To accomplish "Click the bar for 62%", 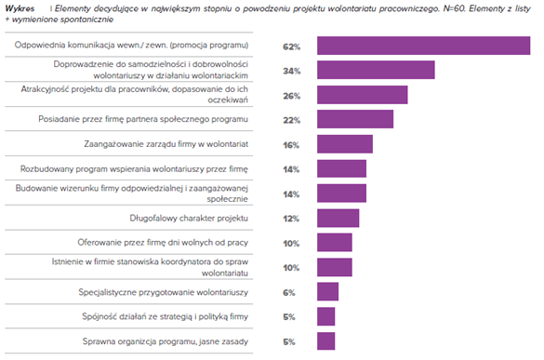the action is pyautogui.click(x=424, y=46).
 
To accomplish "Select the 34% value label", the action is pyautogui.click(x=292, y=72).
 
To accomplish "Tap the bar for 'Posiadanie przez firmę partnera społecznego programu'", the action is pyautogui.click(x=355, y=119).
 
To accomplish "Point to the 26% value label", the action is pyautogui.click(x=291, y=96).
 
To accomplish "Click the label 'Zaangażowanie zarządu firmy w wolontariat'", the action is pyautogui.click(x=166, y=144).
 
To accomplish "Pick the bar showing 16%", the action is pyautogui.click(x=345, y=144).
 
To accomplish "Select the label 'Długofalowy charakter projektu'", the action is pyautogui.click(x=189, y=218).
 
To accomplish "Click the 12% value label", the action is pyautogui.click(x=291, y=219).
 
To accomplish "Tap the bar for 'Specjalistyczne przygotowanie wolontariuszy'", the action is pyautogui.click(x=327, y=291).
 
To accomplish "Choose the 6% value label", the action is pyautogui.click(x=288, y=293).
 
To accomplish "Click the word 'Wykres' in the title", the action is pyautogui.click(x=20, y=8).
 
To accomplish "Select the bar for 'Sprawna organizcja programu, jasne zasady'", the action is pyautogui.click(x=325, y=340).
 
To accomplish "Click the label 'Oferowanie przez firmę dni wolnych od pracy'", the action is pyautogui.click(x=163, y=242).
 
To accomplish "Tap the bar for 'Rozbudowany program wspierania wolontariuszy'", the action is pyautogui.click(x=341, y=168).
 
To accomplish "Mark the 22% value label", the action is pyautogui.click(x=291, y=120).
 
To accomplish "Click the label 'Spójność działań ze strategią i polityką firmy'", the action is pyautogui.click(x=166, y=316).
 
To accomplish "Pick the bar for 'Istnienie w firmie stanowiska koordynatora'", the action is pyautogui.click(x=335, y=267).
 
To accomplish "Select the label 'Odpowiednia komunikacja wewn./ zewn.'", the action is pyautogui.click(x=131, y=46).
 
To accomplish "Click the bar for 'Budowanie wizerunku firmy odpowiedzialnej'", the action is pyautogui.click(x=341, y=193).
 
